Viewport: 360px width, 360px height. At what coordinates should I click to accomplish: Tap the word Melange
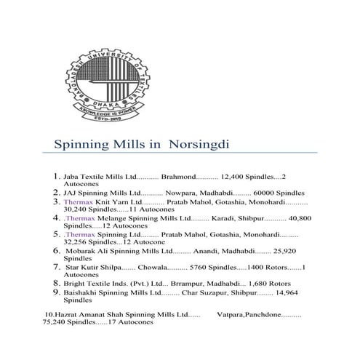click(111, 217)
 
